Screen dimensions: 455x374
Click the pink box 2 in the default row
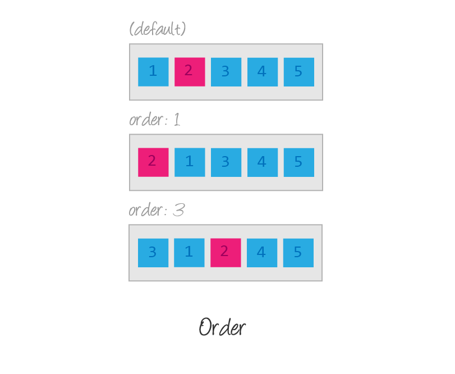point(190,72)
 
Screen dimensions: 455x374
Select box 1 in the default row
point(153,72)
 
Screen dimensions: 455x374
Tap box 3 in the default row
point(226,72)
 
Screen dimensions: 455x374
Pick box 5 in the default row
point(298,72)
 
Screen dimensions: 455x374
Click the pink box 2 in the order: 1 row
point(153,162)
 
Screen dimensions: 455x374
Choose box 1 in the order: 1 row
point(190,162)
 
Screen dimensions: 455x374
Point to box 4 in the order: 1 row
point(262,162)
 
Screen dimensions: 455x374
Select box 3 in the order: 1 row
point(226,162)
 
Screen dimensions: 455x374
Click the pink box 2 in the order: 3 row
point(226,253)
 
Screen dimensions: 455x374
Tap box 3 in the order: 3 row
point(153,253)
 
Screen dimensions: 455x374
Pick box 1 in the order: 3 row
point(189,253)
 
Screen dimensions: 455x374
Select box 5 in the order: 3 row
point(298,253)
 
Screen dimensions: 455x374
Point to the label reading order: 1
point(155,120)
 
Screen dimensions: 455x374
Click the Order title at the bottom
point(222,327)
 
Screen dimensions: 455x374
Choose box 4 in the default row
point(263,72)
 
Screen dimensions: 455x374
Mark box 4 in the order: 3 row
point(261,253)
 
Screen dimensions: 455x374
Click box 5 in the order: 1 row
point(298,162)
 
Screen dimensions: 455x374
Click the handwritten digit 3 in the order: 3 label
point(178,210)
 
